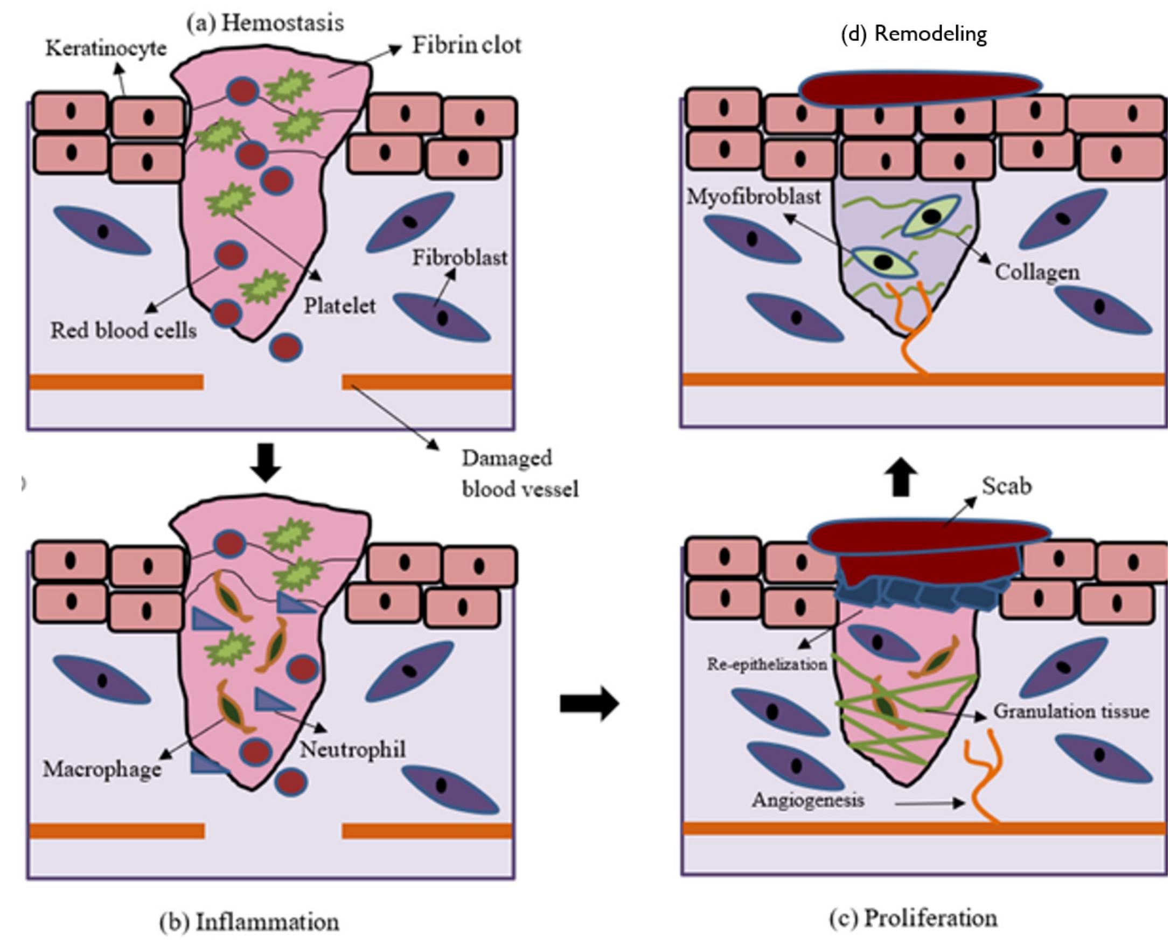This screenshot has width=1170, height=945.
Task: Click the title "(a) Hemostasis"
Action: click(265, 23)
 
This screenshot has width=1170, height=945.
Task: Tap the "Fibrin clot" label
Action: click(466, 45)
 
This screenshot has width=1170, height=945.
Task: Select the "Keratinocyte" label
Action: click(106, 48)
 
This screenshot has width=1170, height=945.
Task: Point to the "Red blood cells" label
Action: click(123, 330)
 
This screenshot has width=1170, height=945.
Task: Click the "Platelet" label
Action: click(339, 305)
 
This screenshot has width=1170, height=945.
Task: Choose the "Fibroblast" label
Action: click(459, 258)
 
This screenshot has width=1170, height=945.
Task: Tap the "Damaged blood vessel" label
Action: click(520, 473)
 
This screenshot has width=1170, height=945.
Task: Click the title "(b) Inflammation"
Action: click(249, 922)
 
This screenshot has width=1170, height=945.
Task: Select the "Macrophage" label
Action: click(102, 769)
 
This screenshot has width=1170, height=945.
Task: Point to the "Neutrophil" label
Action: click(353, 749)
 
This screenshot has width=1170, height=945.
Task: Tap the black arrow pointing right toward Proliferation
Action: click(589, 703)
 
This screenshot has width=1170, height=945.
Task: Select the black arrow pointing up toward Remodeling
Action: click(901, 477)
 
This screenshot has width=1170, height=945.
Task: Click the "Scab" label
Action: click(1006, 485)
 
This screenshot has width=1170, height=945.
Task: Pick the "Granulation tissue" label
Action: click(1071, 711)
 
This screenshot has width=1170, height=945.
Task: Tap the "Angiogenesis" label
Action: click(808, 800)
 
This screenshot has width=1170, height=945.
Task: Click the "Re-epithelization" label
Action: click(767, 664)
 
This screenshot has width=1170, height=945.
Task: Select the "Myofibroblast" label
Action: click(754, 197)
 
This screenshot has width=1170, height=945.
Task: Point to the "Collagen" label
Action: click(1037, 272)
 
